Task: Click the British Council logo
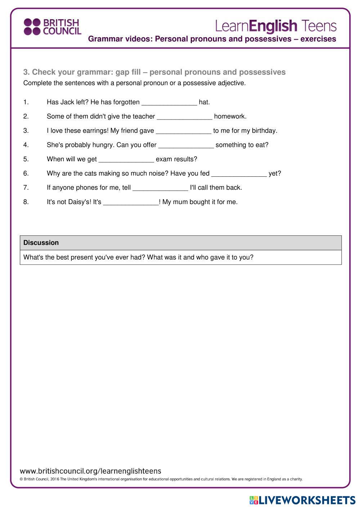(53, 27)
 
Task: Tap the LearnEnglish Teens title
(276, 26)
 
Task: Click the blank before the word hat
(169, 102)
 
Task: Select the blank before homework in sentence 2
(185, 117)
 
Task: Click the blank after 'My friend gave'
(184, 131)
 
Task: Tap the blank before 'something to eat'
(186, 145)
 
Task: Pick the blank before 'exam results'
(126, 159)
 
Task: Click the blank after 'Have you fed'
(239, 174)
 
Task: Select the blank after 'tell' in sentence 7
(160, 188)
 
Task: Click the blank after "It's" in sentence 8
(131, 202)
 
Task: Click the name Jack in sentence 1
(67, 102)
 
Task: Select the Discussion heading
(41, 243)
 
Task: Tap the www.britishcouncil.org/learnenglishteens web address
(90, 471)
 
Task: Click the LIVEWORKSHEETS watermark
(302, 500)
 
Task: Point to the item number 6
(26, 174)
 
